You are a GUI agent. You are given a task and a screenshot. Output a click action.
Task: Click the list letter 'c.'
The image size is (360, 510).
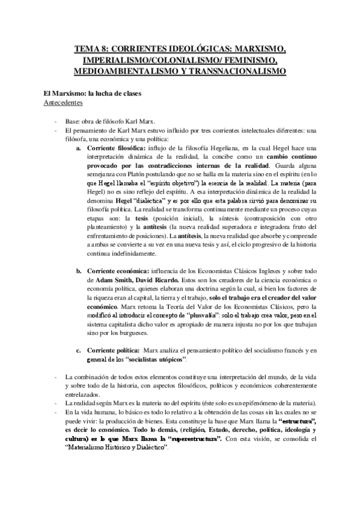coord(79,351)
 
